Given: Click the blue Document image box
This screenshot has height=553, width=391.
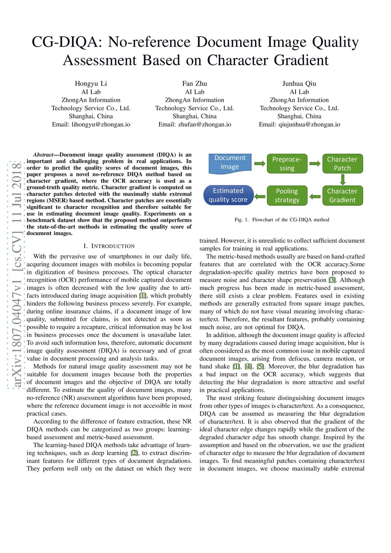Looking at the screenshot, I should click(x=229, y=163).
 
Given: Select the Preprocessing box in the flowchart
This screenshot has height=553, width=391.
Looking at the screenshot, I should click(x=287, y=164).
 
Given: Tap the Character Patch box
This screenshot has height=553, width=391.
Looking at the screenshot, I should click(x=342, y=164).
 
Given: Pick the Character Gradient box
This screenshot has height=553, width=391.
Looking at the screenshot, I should click(x=342, y=195).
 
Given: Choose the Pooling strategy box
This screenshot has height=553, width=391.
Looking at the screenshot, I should click(x=287, y=195).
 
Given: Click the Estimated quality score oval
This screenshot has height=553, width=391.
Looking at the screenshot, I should click(x=228, y=195).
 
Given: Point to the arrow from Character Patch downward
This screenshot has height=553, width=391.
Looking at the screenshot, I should click(x=343, y=179).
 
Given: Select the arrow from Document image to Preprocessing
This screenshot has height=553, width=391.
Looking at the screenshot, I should click(x=260, y=164).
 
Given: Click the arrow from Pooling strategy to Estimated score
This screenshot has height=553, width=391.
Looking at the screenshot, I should click(x=260, y=196).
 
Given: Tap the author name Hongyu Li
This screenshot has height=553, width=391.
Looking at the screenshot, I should click(x=91, y=84).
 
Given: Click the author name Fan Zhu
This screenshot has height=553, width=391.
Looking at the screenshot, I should click(x=195, y=84).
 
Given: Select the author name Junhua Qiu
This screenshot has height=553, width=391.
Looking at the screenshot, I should click(x=299, y=84).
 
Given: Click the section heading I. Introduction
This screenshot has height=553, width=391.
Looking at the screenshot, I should click(x=109, y=246).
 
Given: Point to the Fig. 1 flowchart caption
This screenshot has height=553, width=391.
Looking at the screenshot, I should click(x=282, y=220).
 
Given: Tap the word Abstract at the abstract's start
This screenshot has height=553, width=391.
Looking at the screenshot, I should click(x=43, y=155).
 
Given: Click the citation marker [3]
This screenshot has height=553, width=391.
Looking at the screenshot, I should click(x=332, y=280).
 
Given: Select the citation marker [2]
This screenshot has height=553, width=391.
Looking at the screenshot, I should click(x=134, y=453).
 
